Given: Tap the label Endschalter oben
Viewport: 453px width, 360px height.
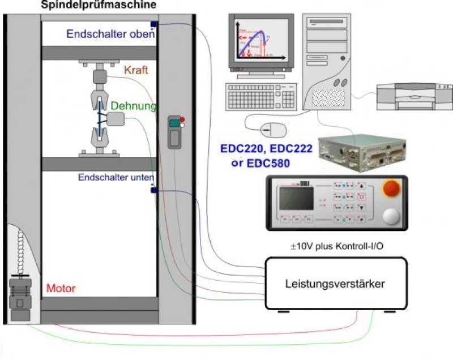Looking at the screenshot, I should click(110, 33).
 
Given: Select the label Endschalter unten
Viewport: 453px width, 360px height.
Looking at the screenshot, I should click(116, 177).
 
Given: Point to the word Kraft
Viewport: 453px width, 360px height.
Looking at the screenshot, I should click(136, 72).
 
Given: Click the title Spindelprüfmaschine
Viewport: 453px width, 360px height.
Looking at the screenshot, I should click(99, 5).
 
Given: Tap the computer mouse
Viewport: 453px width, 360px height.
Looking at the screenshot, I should click(272, 130).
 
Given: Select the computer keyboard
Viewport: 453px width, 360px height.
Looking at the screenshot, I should click(261, 96).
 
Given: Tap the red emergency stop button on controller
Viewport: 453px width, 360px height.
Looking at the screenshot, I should click(390, 189).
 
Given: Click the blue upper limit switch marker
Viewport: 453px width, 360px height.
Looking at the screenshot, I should click(153, 24).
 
